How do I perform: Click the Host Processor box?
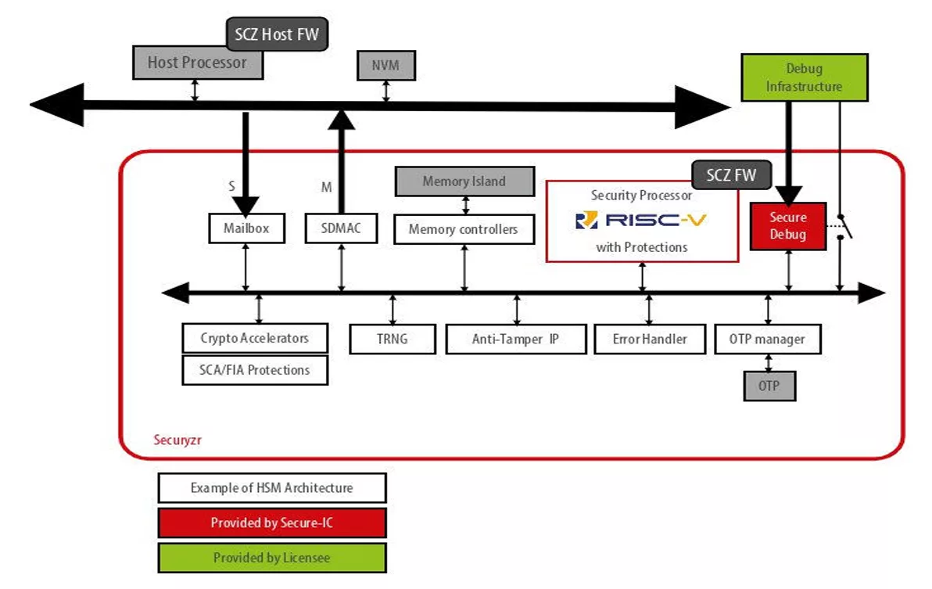click(x=196, y=63)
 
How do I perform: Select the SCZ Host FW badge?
click(x=278, y=34)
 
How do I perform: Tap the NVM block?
click(x=385, y=66)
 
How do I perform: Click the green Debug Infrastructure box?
click(x=804, y=77)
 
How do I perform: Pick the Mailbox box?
click(x=246, y=228)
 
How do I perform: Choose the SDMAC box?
click(x=340, y=228)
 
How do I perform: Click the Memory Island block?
click(x=464, y=181)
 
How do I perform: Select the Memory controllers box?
click(x=464, y=230)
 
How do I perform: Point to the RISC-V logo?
click(x=640, y=221)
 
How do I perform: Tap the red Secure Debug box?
click(x=787, y=226)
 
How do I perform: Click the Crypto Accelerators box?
click(x=255, y=338)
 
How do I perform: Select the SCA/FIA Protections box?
click(x=255, y=370)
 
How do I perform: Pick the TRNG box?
click(x=392, y=339)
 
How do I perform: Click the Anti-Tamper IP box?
click(x=515, y=339)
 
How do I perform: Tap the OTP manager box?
click(x=766, y=339)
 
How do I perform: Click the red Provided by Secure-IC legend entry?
click(x=271, y=523)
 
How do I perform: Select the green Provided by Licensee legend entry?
click(x=271, y=558)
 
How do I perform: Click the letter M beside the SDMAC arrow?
click(x=327, y=188)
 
